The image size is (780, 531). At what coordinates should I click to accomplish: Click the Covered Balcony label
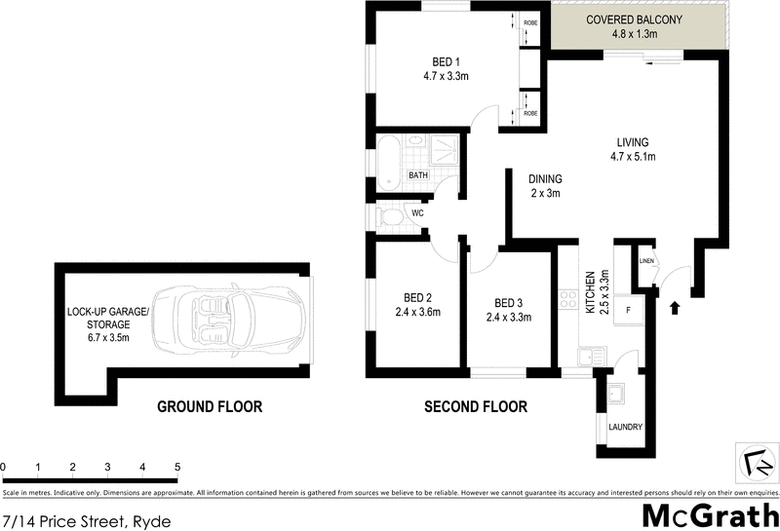tap(634, 26)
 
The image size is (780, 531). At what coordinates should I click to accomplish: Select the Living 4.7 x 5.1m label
tap(633, 148)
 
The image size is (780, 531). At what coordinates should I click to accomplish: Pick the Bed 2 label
tap(418, 305)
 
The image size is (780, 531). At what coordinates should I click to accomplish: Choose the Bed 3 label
tap(508, 309)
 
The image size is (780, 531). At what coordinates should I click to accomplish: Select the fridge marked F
tap(629, 310)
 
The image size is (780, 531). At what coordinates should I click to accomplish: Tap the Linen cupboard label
tap(644, 261)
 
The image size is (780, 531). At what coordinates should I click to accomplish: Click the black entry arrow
tap(675, 309)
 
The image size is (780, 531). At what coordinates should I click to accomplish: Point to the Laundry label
tap(625, 427)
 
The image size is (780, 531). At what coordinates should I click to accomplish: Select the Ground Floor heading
tap(210, 407)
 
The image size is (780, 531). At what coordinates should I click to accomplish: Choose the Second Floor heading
tap(476, 407)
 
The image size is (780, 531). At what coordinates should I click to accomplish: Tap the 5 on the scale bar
tap(176, 468)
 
